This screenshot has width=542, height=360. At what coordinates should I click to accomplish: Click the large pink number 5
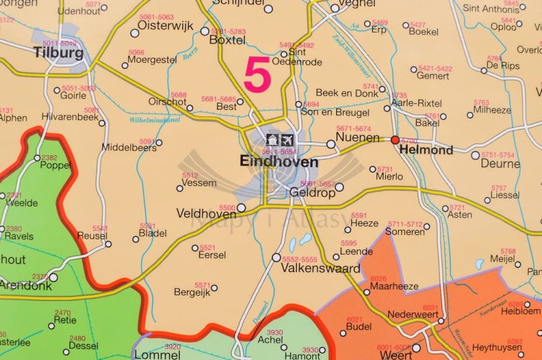tap(257, 76)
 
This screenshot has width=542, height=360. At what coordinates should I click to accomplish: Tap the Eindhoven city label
tap(278, 163)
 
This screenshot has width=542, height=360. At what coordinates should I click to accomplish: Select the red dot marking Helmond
tap(395, 140)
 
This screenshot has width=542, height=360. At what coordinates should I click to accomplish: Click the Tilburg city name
tap(58, 53)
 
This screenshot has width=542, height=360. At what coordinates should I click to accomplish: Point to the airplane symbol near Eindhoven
tap(287, 139)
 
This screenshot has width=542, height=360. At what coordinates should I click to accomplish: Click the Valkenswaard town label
tap(320, 269)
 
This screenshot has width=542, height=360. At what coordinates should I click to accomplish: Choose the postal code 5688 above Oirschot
tap(178, 95)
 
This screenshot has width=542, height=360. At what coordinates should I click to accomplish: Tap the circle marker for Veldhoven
tap(241, 207)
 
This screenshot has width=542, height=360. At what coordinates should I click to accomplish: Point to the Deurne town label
tap(500, 164)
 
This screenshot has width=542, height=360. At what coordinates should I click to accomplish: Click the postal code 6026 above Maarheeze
tap(378, 278)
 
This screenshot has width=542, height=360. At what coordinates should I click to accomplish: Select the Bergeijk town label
tap(192, 293)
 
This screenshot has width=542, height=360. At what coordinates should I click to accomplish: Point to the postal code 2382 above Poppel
tap(49, 158)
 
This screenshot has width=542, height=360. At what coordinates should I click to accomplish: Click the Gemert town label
tap(433, 76)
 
